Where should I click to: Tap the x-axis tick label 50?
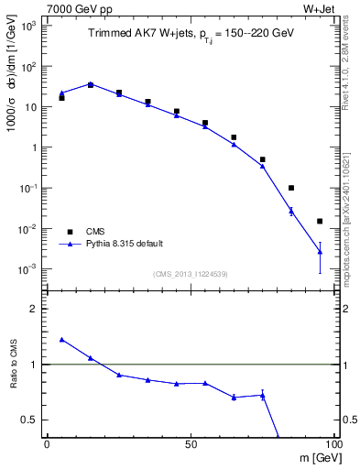pyautogui.click(x=190, y=442)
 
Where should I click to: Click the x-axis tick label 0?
pyautogui.click(x=47, y=442)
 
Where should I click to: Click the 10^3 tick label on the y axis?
pyautogui.click(x=27, y=26)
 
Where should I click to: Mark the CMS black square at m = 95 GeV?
pyautogui.click(x=320, y=221)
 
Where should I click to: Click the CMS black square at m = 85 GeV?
pyautogui.click(x=291, y=188)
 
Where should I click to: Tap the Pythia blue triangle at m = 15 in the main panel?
pyautogui.click(x=91, y=84)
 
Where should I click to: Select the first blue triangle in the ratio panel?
pyautogui.click(x=61, y=339)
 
